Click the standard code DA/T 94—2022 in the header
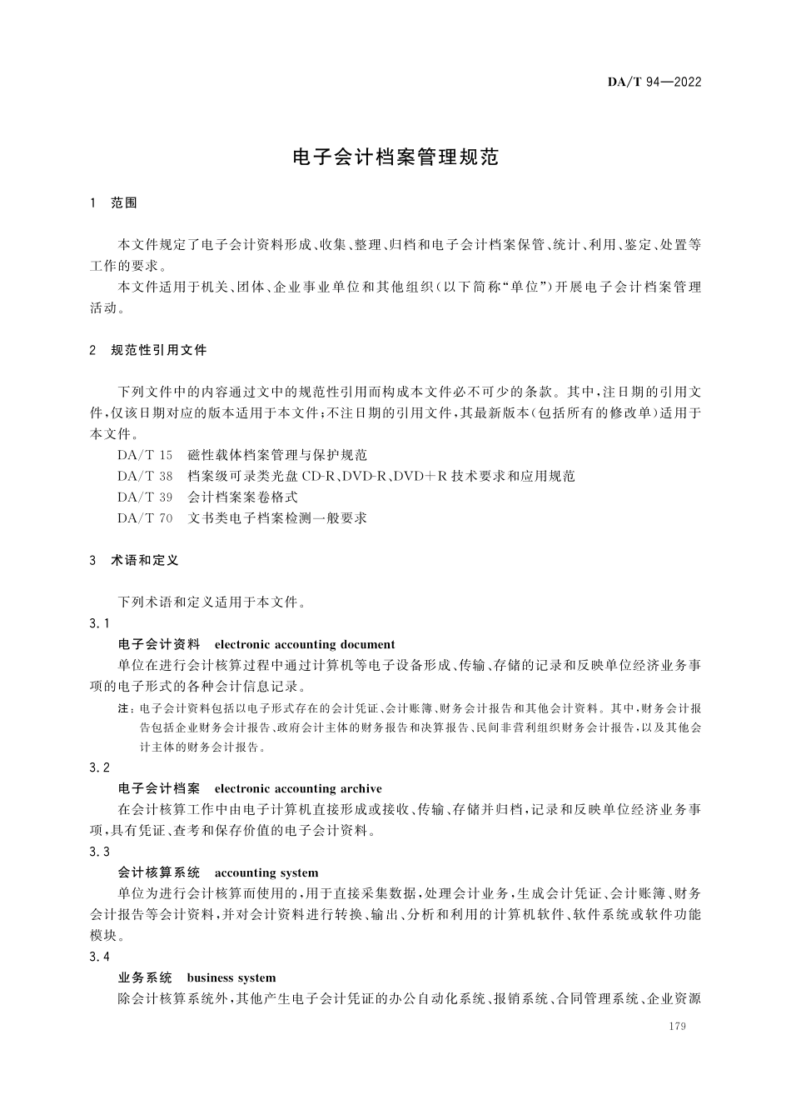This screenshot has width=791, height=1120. click(654, 82)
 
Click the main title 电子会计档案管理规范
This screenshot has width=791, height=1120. click(395, 157)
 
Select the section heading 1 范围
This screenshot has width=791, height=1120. click(113, 203)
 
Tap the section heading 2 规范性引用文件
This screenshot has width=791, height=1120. click(147, 350)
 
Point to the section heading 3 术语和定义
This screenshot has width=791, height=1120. click(134, 561)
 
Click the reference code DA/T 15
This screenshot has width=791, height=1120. click(145, 455)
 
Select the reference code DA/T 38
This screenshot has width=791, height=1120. click(145, 476)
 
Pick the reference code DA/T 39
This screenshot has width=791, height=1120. click(145, 497)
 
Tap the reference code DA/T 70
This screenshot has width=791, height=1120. click(145, 517)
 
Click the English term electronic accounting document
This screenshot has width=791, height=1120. click(305, 644)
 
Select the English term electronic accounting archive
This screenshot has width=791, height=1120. click(298, 788)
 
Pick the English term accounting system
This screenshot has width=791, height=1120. click(266, 872)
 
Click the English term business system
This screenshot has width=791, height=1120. click(231, 977)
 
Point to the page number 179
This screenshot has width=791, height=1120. click(677, 1027)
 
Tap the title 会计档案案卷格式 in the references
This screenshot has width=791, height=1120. click(242, 497)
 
